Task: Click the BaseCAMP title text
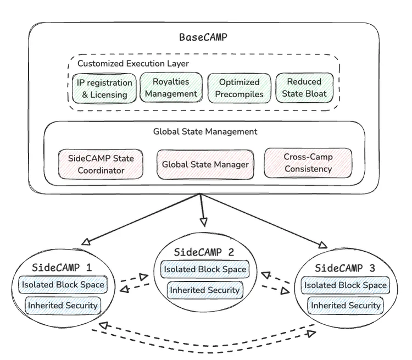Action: coord(203,37)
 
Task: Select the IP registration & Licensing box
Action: coord(104,88)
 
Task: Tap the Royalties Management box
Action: coord(171,87)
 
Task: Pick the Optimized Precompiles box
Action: coord(239,88)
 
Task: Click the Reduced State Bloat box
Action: coord(304,87)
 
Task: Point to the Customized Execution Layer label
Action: coord(133,64)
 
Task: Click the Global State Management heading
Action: coord(205,131)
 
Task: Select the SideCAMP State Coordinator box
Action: coord(101,164)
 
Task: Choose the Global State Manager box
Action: coord(205,165)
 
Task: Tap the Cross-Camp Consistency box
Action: coord(308,163)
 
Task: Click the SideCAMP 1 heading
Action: coord(62,268)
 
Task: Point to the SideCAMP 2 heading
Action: coord(204,252)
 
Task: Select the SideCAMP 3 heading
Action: coord(345,268)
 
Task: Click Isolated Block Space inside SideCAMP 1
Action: coord(63,285)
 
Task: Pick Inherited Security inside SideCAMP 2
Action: coord(205,290)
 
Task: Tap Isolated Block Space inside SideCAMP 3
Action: coord(346,285)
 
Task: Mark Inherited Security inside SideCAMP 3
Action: coord(346,305)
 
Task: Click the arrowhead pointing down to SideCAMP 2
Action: coord(204,222)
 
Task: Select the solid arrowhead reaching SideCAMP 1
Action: coord(86,242)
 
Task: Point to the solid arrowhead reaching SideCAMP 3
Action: coord(323,245)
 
